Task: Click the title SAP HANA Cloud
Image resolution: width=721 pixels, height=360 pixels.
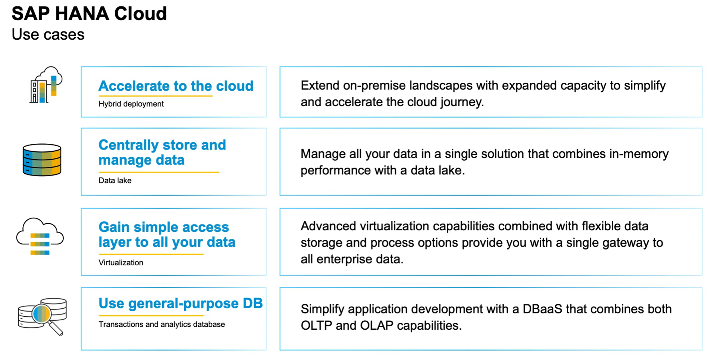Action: (89, 14)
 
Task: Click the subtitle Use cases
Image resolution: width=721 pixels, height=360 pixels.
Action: (48, 35)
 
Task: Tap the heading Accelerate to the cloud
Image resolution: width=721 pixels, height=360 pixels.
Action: (176, 86)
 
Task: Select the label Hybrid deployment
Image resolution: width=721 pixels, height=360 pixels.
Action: (131, 104)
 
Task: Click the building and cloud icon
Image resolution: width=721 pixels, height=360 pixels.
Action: (45, 85)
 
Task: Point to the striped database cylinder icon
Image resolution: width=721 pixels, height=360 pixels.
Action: (42, 160)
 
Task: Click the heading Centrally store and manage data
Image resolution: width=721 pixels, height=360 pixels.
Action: (162, 152)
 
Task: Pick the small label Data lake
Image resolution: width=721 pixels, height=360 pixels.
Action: (115, 181)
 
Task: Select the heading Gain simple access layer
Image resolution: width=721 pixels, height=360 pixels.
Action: (167, 234)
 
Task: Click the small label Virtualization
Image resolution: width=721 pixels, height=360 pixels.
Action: (121, 263)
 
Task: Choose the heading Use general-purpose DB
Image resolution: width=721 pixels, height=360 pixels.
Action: (181, 303)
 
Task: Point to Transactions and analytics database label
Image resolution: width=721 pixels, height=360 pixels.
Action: (162, 324)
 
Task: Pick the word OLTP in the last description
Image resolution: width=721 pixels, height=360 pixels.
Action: (316, 325)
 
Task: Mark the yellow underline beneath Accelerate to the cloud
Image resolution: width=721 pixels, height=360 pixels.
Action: (155, 96)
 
